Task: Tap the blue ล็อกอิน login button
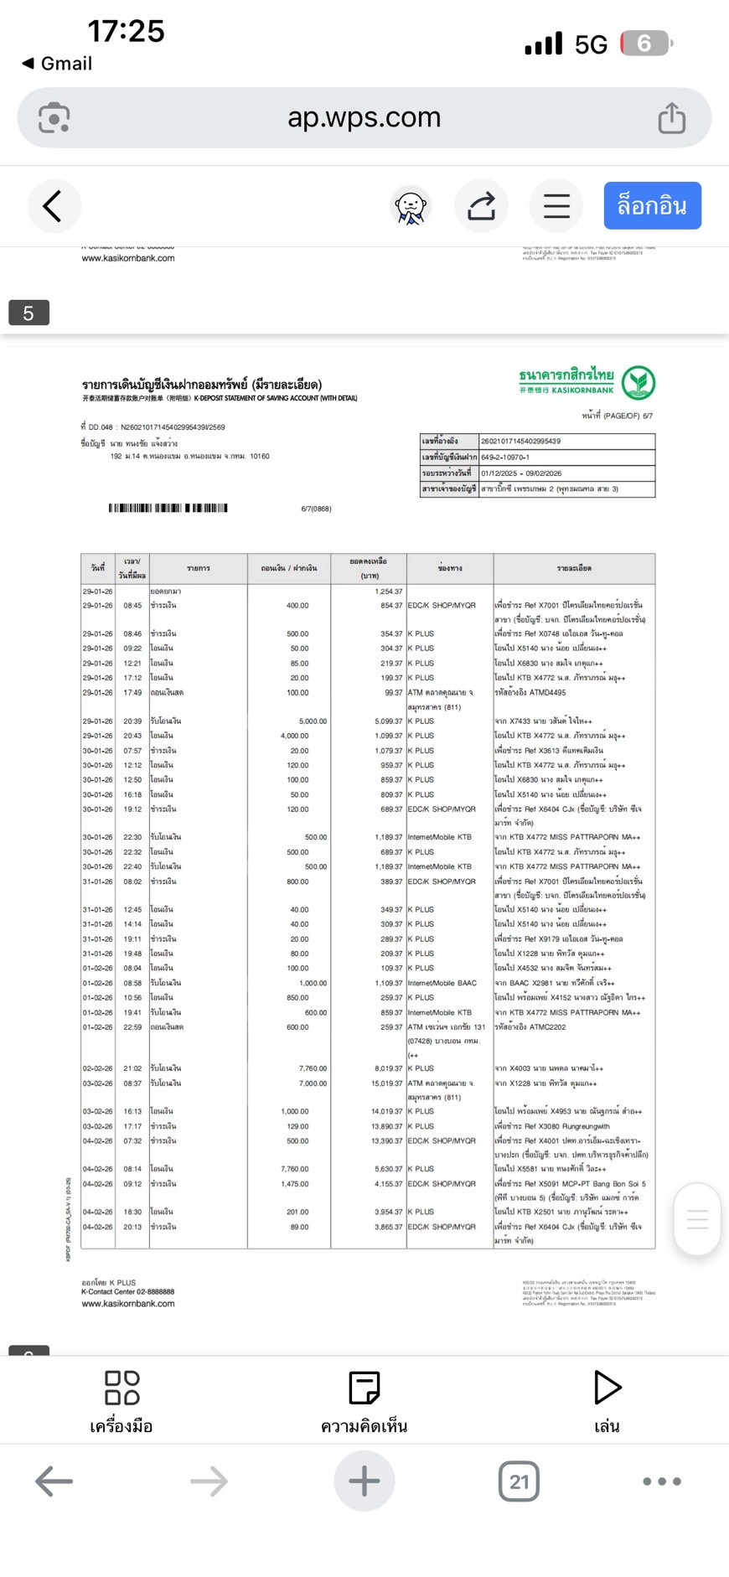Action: coord(652,206)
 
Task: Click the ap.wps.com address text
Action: coord(364,118)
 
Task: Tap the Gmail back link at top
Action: coord(57,64)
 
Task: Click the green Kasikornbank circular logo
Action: coord(639,383)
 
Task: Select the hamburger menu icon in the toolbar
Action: coord(556,206)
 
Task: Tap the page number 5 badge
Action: coord(28,313)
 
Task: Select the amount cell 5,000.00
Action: coord(313,721)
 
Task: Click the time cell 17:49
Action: coord(132,693)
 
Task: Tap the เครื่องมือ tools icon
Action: coord(121,1388)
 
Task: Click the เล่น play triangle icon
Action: coord(607,1388)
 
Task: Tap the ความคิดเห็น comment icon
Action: coord(364,1388)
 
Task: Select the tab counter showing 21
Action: coord(519,1481)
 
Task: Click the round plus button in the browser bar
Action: coord(364,1481)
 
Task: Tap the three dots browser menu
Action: coord(662,1481)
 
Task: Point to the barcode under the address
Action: coord(168,508)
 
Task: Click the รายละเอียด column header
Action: coord(574,568)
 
